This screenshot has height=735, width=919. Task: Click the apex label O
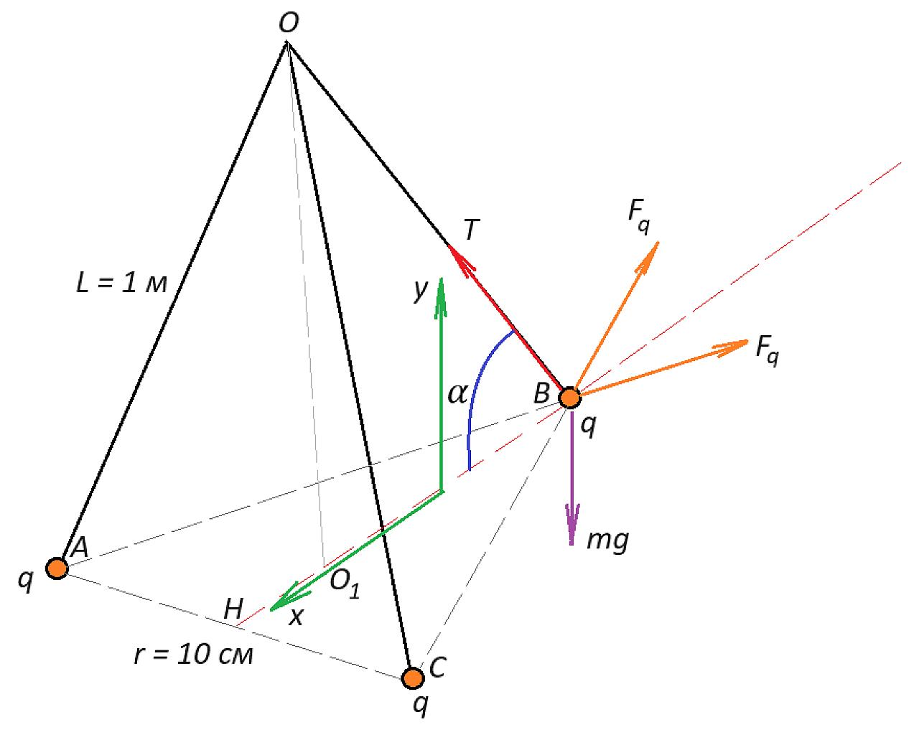pos(289,23)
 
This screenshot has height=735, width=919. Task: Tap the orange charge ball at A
pos(57,568)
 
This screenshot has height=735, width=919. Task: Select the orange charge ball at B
pos(569,398)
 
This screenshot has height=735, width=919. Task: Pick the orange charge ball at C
pos(413,678)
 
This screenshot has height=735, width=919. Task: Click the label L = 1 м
pos(121,283)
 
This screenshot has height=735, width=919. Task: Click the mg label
pos(607,541)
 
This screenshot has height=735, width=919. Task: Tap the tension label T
pos(471,230)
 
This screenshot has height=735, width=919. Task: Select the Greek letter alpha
pos(457,393)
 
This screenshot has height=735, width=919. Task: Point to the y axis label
pos(421,291)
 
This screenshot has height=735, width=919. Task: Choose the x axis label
pos(296,617)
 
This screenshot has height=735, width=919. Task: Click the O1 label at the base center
pos(344,584)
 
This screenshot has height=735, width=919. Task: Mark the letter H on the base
pos(233,609)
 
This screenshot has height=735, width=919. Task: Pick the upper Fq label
pos(639,217)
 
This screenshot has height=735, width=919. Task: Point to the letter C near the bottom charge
pos(438,667)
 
